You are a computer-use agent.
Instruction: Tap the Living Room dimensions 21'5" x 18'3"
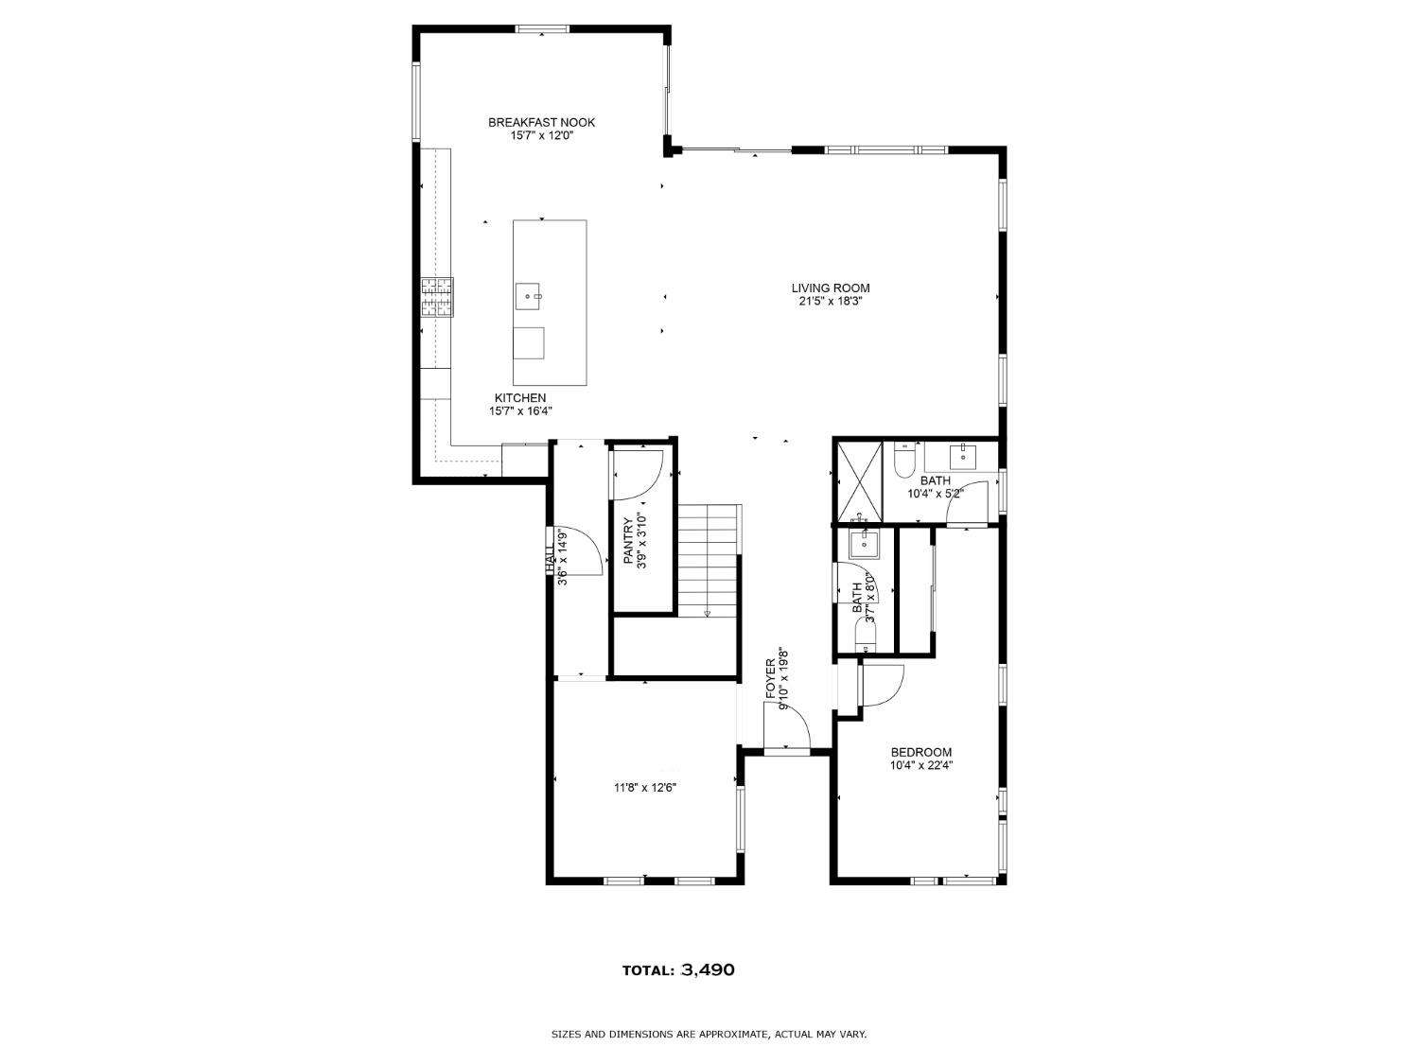[x=830, y=302]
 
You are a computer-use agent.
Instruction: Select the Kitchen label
[x=519, y=398]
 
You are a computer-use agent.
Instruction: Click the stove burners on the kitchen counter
[x=437, y=297]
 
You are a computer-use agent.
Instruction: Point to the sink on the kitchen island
[x=529, y=296]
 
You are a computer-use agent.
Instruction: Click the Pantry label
[x=628, y=541]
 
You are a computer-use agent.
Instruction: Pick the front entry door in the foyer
[x=787, y=751]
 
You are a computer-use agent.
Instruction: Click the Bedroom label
[x=920, y=753]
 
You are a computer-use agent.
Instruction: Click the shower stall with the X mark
[x=857, y=480]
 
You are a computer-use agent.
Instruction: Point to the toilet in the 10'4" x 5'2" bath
[x=903, y=460]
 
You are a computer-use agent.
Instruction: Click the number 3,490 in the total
[x=708, y=970]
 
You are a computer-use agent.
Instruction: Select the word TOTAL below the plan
[x=648, y=970]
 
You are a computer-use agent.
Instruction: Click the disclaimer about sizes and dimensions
[x=709, y=1035]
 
